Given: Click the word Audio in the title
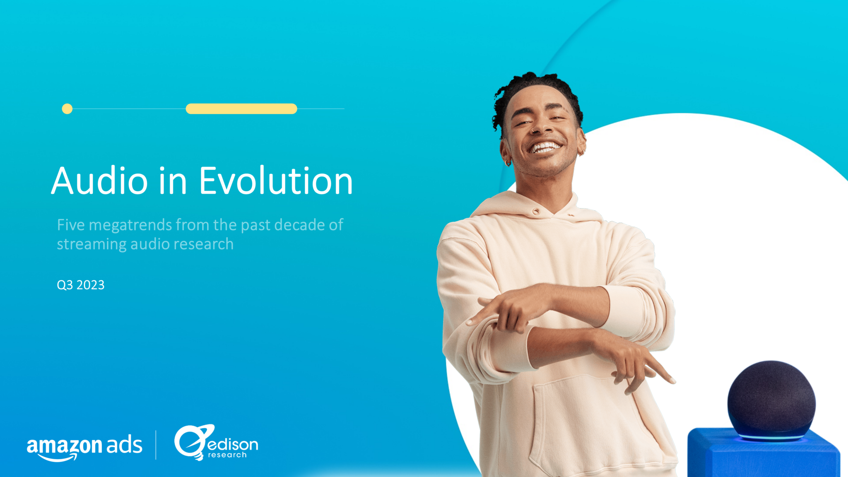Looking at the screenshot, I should [x=99, y=181].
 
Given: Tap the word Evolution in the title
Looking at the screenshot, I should [x=276, y=181].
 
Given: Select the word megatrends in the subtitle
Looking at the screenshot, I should [x=130, y=225].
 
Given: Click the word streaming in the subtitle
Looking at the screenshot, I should [x=92, y=244].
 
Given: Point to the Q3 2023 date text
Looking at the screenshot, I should [x=81, y=285].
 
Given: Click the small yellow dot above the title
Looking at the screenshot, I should [x=67, y=109].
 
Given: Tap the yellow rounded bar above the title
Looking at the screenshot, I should [x=241, y=109].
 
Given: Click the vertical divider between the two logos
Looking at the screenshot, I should [x=156, y=445].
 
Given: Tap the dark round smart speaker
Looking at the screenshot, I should [x=771, y=397].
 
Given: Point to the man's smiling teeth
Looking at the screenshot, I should [x=545, y=147].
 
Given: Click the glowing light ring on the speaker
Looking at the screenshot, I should [x=771, y=437].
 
